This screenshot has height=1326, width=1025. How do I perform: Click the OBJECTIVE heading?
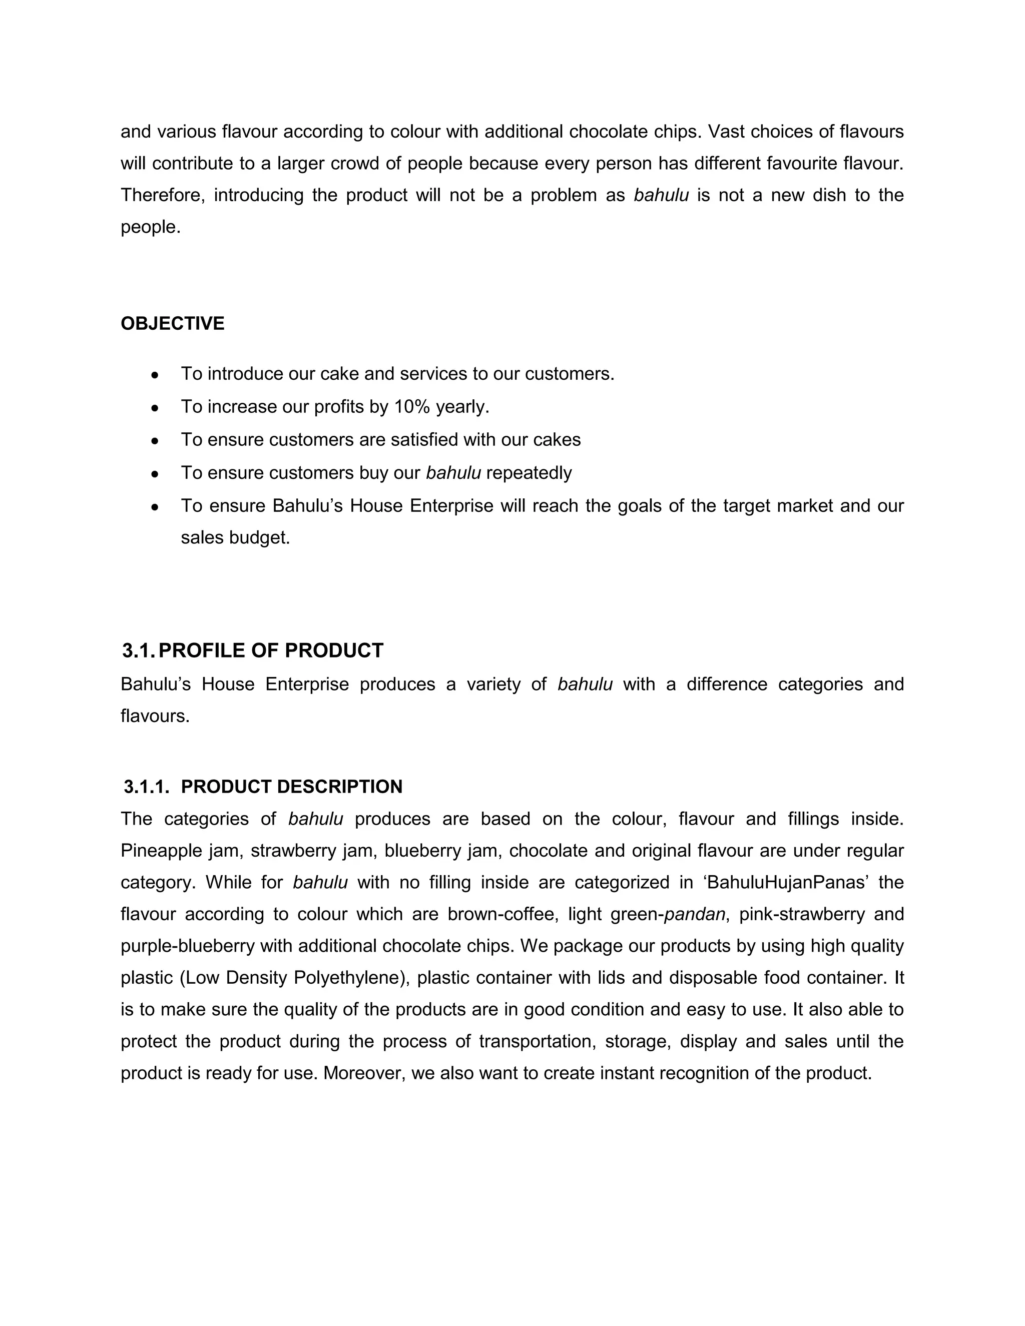(173, 324)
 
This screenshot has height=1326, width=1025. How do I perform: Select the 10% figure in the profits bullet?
(412, 407)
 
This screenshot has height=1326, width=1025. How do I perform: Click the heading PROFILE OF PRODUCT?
(271, 651)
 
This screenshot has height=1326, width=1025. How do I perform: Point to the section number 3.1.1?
(146, 787)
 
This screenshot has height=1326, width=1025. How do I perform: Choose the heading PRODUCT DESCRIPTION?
(291, 787)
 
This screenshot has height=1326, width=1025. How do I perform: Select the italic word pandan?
(695, 914)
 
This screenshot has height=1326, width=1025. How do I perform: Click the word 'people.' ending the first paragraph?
(151, 228)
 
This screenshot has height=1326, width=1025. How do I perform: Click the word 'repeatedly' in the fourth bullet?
(529, 473)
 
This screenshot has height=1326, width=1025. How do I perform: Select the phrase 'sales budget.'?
(235, 538)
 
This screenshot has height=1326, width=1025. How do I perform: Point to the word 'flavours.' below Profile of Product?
(155, 717)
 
